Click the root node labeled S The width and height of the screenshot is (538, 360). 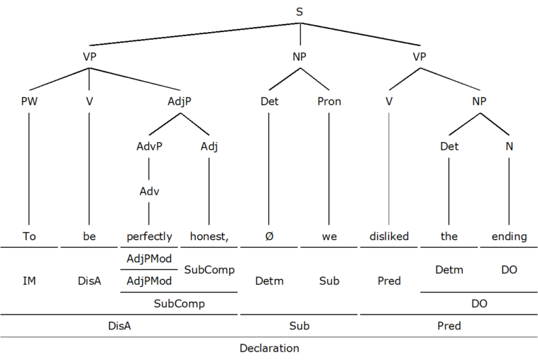(300, 11)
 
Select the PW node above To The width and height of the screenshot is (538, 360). (29, 102)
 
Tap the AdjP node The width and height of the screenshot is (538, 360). (179, 102)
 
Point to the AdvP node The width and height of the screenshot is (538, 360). (148, 147)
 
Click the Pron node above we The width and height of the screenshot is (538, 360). (329, 102)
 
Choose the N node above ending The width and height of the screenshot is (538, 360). (508, 147)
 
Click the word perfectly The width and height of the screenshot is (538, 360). (149, 236)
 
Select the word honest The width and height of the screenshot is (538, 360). (209, 236)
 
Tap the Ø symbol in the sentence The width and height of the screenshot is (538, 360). (269, 236)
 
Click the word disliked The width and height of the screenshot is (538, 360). (389, 236)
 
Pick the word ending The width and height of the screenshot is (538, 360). (508, 236)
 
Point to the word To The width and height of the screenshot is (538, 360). (29, 236)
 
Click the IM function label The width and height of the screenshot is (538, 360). (29, 281)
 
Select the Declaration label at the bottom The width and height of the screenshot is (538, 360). (269, 348)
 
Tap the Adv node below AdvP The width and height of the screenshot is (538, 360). (148, 191)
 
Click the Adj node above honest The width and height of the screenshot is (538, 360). (209, 147)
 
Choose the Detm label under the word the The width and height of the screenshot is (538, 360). (449, 270)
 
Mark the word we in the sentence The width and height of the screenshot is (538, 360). (329, 236)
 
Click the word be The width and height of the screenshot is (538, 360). (89, 236)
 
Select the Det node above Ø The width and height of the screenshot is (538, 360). (269, 102)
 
